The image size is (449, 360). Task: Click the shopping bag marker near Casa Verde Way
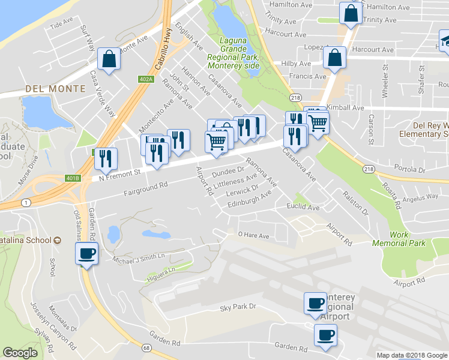pyautogui.click(x=108, y=59)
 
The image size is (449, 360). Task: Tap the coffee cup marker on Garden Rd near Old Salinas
pyautogui.click(x=86, y=254)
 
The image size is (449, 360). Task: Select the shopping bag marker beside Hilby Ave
pyautogui.click(x=334, y=58)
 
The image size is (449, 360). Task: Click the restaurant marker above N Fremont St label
pyautogui.click(x=106, y=158)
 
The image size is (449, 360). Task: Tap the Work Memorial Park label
pyautogui.click(x=399, y=238)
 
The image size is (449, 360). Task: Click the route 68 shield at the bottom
pyautogui.click(x=146, y=346)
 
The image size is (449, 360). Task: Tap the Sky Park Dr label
pyautogui.click(x=238, y=307)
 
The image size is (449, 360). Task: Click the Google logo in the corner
pyautogui.click(x=21, y=353)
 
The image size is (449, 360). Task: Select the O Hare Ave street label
pyautogui.click(x=253, y=235)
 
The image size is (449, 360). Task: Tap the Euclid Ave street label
pyautogui.click(x=306, y=207)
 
